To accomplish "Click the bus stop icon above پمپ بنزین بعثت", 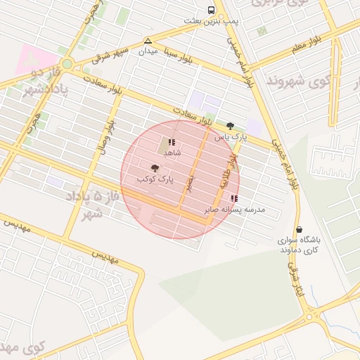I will pos(211,11).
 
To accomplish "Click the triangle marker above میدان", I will pos(148,41).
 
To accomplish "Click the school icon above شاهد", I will pos(172,142).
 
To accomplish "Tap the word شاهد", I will pos(172,152).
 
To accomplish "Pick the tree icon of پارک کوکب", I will pos(155,169).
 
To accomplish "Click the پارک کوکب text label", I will pos(155,180).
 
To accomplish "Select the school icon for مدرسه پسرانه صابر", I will pos(234,198).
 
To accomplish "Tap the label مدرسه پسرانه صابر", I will pos(228,209).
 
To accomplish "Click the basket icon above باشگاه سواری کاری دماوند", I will pos(300,229).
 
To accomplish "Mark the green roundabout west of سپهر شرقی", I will pos(67,64).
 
